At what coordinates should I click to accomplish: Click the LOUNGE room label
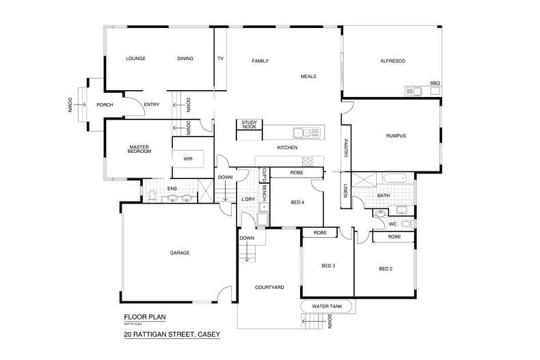137,59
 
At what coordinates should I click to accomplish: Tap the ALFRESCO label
393,61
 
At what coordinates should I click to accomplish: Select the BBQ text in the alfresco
435,83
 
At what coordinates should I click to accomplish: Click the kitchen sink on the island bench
302,133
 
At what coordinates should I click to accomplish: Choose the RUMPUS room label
396,136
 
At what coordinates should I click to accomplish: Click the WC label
392,223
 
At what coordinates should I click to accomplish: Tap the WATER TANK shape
326,306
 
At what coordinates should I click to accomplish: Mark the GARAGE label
180,253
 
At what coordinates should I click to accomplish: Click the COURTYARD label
269,288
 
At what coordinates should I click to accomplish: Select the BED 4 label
297,203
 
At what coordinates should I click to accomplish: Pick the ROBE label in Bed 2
394,236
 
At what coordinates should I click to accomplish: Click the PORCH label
105,105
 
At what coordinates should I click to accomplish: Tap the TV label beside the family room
220,59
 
